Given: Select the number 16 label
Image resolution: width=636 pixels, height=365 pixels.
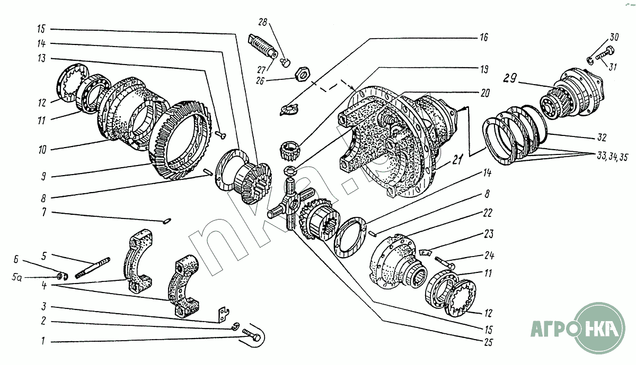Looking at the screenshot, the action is (x=483, y=38).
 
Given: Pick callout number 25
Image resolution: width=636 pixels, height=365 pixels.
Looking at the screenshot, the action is (x=488, y=342).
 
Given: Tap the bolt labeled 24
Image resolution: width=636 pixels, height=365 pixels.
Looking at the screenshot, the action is (x=445, y=260).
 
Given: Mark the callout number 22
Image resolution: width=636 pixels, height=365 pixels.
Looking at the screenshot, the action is (x=488, y=213).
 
